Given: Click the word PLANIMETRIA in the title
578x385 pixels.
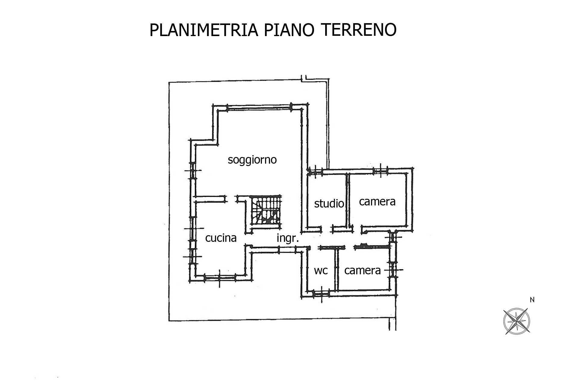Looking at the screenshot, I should (x=204, y=30).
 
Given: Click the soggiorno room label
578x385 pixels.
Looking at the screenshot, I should (x=252, y=160).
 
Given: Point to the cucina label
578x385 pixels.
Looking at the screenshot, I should (x=221, y=238).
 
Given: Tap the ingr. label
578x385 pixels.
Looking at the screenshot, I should (x=287, y=239).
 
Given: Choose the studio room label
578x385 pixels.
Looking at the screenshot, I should (x=329, y=204).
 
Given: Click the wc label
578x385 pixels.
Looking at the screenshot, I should (x=321, y=270).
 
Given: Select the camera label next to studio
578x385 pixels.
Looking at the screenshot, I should (x=377, y=202).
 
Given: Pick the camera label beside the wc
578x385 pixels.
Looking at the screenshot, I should (x=362, y=270).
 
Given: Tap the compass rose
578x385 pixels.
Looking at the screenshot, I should (x=517, y=321).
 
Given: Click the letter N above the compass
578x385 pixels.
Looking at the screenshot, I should (x=532, y=300).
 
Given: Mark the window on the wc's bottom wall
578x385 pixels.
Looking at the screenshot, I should (x=321, y=294).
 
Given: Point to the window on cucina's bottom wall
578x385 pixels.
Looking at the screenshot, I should (x=219, y=277).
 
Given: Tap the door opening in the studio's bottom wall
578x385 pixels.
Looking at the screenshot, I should (x=327, y=229).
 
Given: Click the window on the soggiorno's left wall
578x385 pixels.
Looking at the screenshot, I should (x=192, y=171).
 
